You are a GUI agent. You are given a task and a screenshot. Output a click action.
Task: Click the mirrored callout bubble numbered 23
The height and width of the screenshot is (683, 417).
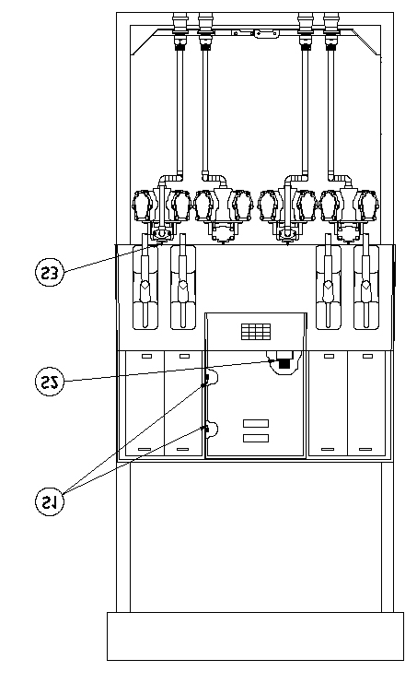pyautogui.click(x=49, y=273)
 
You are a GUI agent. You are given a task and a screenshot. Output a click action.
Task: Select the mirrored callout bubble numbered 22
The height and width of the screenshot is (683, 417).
pyautogui.click(x=49, y=382)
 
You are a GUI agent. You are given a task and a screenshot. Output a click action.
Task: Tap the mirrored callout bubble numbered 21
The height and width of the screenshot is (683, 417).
pyautogui.click(x=49, y=501)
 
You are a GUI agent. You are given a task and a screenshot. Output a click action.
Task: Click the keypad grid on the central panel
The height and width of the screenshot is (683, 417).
pyautogui.click(x=256, y=332)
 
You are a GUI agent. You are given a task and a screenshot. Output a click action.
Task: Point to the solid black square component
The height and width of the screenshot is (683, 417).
pyautogui.click(x=284, y=362)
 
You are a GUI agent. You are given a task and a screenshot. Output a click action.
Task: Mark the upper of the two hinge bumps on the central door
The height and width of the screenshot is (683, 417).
pyautogui.click(x=212, y=377)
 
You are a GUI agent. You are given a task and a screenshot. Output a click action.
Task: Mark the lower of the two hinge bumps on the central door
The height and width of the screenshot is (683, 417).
pyautogui.click(x=212, y=430)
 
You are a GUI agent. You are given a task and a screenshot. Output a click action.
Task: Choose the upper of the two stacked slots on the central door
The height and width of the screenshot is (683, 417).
pyautogui.click(x=256, y=423)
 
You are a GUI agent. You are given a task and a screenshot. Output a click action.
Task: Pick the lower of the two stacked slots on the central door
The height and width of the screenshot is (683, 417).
pyautogui.click(x=256, y=438)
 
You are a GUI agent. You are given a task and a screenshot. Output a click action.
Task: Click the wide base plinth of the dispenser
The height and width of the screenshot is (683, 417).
pyautogui.click(x=255, y=636)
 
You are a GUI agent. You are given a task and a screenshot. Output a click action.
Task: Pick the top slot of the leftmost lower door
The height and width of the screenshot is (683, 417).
pyautogui.click(x=147, y=357)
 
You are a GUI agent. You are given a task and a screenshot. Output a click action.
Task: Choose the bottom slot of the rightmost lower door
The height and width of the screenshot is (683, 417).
pyautogui.click(x=365, y=449)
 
